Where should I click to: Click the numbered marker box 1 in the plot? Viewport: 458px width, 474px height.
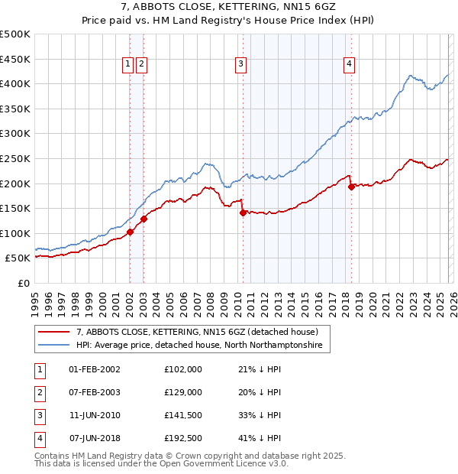click(x=127, y=65)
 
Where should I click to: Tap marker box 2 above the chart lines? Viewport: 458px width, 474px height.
click(x=142, y=65)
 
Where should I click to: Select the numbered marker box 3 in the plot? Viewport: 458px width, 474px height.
click(x=240, y=65)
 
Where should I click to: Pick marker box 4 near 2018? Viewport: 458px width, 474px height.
click(x=349, y=65)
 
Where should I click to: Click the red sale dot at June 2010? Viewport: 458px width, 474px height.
click(x=243, y=213)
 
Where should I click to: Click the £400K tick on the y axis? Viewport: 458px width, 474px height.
click(x=15, y=83)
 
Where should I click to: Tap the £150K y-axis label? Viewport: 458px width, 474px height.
click(x=15, y=208)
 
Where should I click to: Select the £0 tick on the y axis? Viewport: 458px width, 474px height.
click(x=23, y=283)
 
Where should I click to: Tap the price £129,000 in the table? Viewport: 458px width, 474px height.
click(x=182, y=392)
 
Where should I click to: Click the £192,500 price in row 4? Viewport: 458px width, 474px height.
click(x=182, y=438)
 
